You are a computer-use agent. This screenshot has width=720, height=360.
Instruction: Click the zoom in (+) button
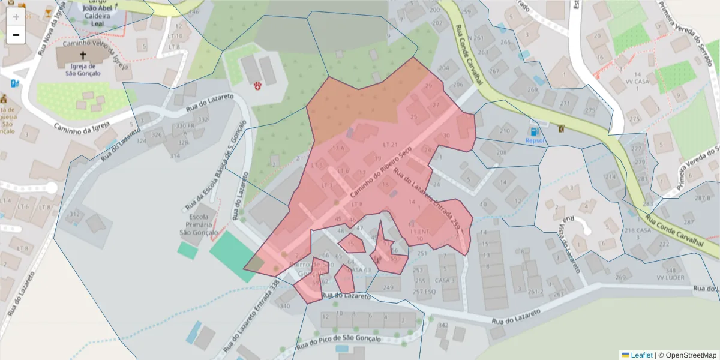16,17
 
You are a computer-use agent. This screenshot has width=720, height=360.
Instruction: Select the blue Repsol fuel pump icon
531,131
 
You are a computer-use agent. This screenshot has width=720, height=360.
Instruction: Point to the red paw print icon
259,86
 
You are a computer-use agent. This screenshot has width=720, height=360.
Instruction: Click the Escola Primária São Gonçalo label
198,224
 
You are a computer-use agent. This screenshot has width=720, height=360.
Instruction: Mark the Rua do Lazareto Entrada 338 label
252,315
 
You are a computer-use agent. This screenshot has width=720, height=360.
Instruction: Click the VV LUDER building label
670,277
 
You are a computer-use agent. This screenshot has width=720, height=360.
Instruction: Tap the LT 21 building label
390,145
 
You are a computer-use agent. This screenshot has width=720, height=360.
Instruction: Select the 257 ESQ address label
424,292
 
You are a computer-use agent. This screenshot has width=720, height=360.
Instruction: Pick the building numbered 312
74,214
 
